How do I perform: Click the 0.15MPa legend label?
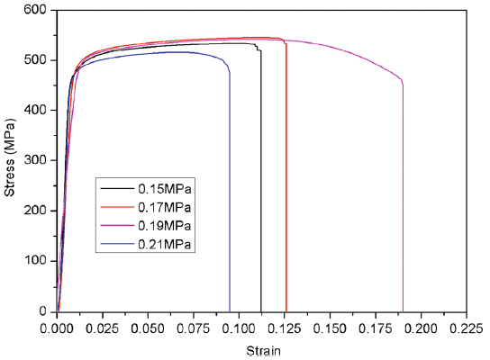[164, 189]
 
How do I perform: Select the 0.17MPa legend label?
[164, 207]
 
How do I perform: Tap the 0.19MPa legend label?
[164, 225]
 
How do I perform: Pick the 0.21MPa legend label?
[164, 244]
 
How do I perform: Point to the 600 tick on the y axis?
[39, 10]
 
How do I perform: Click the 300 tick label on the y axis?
[39, 160]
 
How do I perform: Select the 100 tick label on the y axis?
[39, 261]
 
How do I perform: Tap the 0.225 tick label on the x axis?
[465, 328]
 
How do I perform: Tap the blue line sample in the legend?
[116, 244]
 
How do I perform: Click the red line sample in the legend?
[116, 207]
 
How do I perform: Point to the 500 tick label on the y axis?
[39, 60]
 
